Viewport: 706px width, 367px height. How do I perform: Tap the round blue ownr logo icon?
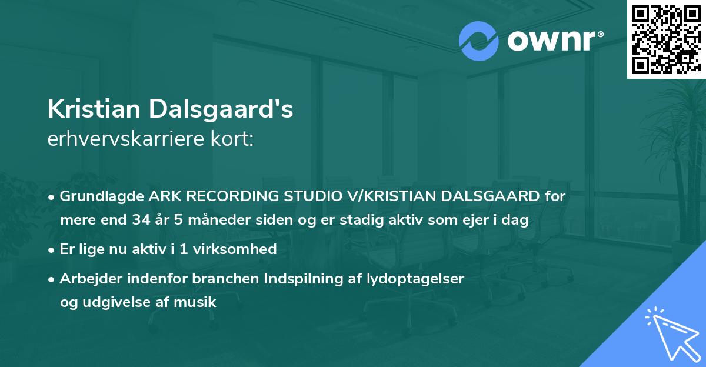pyautogui.click(x=478, y=41)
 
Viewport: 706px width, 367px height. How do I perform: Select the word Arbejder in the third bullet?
pyautogui.click(x=86, y=279)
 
